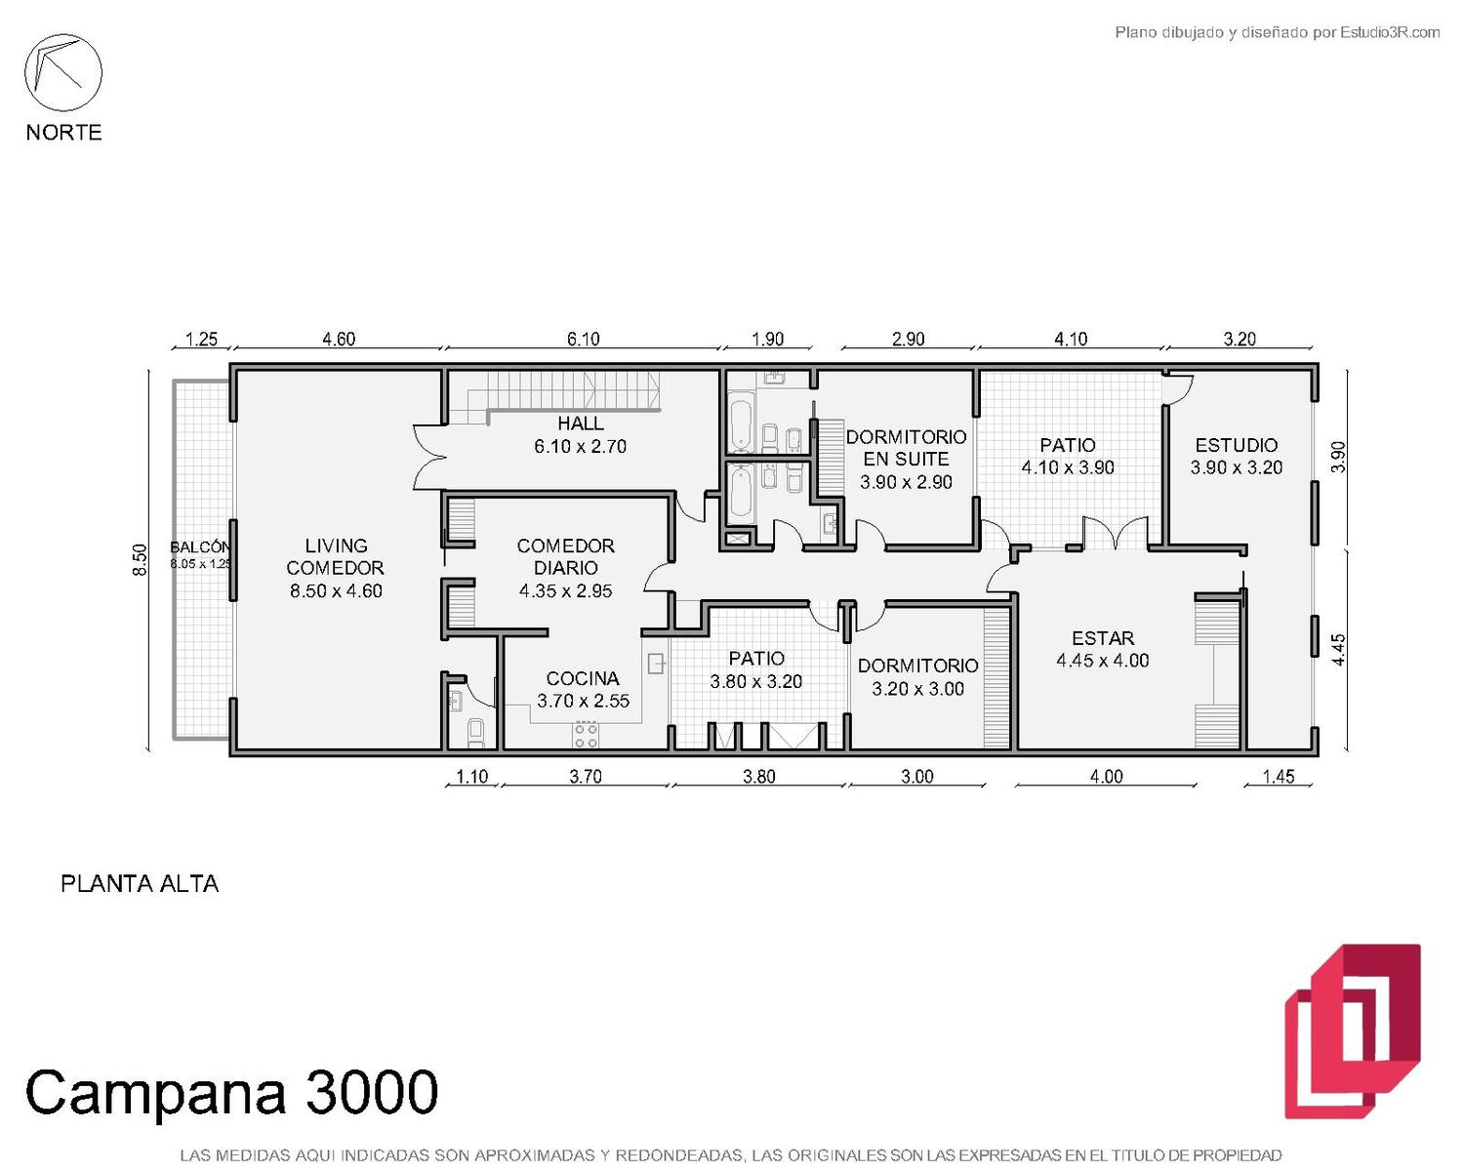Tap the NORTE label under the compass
64,132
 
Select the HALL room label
581,424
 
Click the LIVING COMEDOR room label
336,556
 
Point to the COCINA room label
583,678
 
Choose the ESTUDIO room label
1236,445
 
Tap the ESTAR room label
1103,638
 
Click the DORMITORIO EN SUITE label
906,448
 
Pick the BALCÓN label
199,547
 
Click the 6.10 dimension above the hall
583,339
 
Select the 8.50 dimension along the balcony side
139,559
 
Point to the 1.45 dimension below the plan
1279,777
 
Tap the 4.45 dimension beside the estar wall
1337,649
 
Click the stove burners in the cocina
586,735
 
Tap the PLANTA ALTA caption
140,884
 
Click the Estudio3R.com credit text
1389,32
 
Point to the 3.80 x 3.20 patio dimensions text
755,681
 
